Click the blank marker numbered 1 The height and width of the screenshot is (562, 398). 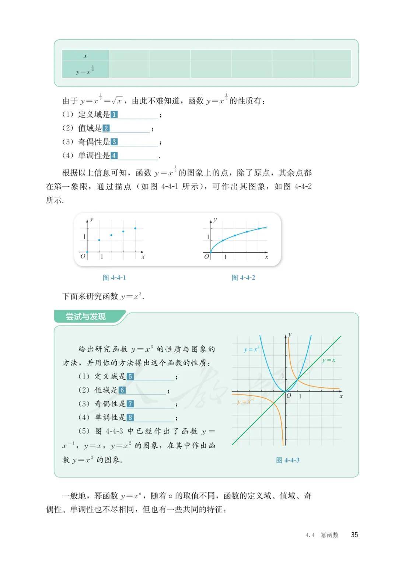114,115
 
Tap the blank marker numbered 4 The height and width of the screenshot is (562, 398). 114,155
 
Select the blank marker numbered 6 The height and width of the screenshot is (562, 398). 122,390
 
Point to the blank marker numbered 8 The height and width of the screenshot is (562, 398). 130,417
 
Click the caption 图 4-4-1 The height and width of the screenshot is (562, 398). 114,278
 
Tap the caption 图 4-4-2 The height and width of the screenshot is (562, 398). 243,278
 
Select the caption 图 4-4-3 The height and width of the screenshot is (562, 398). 288,460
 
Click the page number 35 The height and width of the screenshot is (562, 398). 355,535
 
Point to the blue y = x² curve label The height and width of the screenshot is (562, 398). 251,349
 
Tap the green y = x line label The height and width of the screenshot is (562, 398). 329,360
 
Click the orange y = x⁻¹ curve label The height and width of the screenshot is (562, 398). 246,401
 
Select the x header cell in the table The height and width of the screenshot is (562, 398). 85,56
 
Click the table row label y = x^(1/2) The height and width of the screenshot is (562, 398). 85,70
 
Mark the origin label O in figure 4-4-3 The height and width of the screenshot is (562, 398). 289,396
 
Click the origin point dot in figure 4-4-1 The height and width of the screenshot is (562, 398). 87,252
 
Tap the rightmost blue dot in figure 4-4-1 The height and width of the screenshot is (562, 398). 135,228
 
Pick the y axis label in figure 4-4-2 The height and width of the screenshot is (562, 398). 215,219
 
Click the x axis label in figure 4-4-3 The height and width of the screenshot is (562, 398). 341,396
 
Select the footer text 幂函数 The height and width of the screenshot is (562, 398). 329,535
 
